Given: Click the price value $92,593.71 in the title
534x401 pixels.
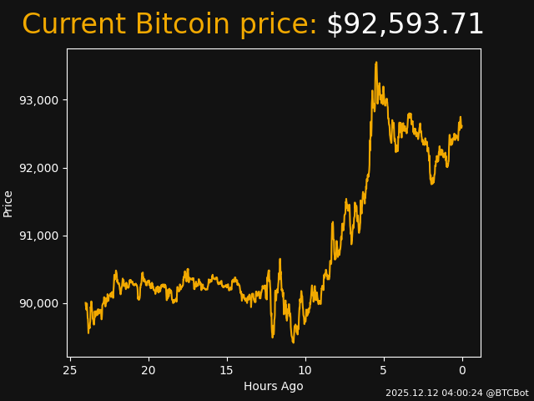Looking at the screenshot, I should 405,25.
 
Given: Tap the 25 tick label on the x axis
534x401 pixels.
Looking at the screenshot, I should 70,369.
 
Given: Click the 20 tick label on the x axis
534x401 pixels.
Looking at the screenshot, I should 149,369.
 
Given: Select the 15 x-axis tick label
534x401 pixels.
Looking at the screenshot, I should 227,369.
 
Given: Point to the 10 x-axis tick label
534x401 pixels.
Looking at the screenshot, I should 305,369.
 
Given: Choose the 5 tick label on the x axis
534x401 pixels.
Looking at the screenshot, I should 384,369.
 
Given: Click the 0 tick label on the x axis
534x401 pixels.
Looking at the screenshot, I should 462,369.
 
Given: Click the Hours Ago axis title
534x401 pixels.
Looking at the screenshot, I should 274,386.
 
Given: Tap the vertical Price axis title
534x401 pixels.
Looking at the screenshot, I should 8,203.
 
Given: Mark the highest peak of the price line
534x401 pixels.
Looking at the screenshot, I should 376,62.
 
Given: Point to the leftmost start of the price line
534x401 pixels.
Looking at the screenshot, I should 86,304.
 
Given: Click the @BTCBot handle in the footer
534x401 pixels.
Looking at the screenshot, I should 506,393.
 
